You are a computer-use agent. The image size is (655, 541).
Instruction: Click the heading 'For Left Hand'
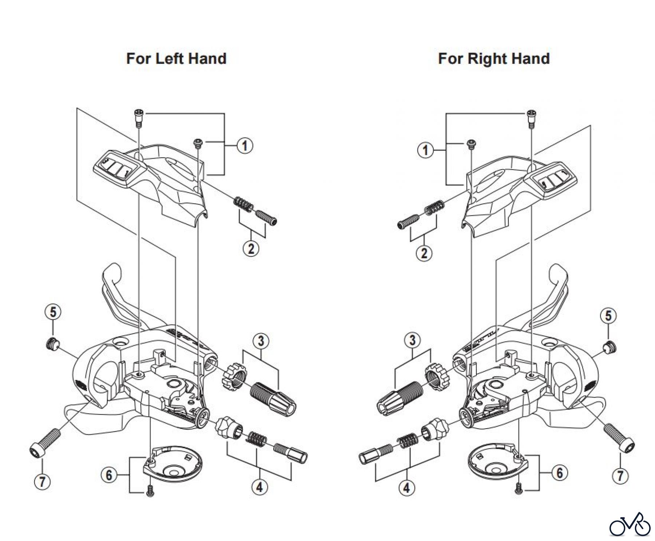(176, 59)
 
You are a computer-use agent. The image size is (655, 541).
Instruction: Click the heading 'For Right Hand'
(493, 59)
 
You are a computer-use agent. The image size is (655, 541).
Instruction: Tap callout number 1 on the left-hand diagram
(245, 146)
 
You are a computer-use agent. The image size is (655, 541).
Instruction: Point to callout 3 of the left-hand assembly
(261, 341)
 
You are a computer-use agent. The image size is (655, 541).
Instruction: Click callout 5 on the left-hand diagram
(53, 312)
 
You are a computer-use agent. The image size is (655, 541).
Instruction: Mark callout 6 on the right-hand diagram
(559, 473)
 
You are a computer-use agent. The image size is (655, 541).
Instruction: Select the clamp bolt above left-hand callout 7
(45, 441)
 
